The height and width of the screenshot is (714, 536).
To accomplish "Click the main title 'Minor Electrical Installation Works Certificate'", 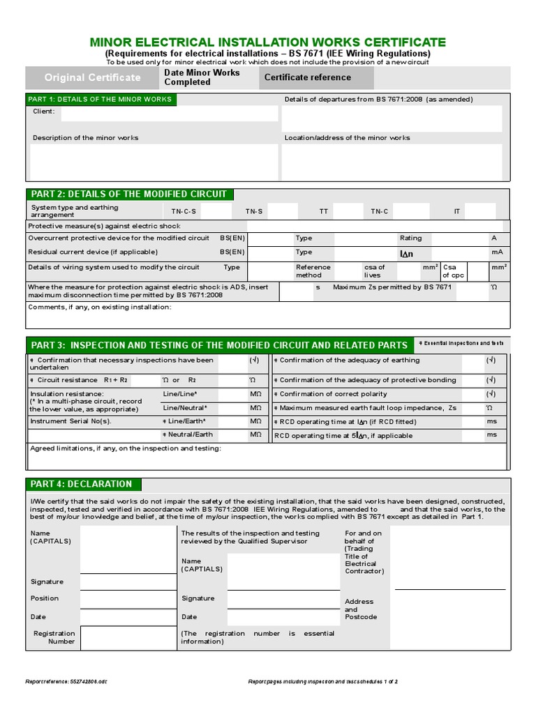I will click(x=267, y=42).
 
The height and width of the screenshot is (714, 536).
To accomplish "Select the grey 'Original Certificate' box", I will click(x=92, y=77).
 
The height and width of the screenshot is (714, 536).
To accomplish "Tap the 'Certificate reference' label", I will click(x=307, y=77).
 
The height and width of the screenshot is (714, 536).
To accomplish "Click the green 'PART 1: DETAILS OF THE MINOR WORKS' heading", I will click(x=101, y=99).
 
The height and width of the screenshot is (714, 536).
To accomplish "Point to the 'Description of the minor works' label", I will click(x=85, y=138).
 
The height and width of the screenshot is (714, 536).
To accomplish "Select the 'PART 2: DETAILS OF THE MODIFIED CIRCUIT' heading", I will click(x=128, y=194).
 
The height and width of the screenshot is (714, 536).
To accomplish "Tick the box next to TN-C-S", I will click(x=217, y=211).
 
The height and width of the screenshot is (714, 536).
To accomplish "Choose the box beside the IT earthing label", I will click(x=480, y=211).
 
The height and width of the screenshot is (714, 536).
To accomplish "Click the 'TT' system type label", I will click(x=323, y=211).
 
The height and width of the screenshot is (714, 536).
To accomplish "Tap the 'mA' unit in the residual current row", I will click(x=496, y=252).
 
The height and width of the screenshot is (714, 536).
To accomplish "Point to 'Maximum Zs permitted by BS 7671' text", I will click(x=392, y=287).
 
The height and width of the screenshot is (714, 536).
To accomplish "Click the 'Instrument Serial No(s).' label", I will click(x=70, y=421).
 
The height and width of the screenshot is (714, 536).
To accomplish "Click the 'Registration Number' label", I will click(x=54, y=637).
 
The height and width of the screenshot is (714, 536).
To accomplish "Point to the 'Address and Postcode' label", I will click(x=360, y=609).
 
